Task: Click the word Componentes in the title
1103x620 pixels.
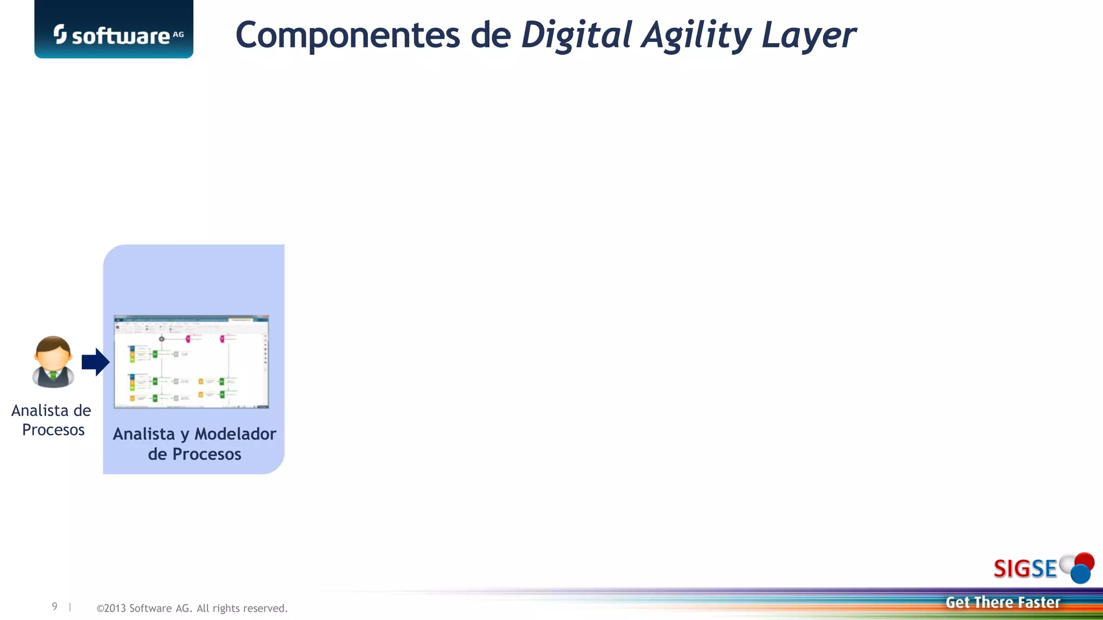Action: (347, 36)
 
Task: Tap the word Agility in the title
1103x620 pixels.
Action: (696, 36)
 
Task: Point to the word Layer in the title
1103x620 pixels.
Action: (808, 36)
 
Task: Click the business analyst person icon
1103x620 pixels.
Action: (53, 362)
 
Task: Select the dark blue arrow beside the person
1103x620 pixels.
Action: (96, 362)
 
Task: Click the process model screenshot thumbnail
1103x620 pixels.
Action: (191, 362)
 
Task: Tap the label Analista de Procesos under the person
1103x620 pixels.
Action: (52, 420)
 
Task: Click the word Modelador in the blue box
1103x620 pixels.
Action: (235, 434)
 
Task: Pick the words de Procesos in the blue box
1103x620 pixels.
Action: (194, 454)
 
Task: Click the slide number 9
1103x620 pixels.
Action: (54, 607)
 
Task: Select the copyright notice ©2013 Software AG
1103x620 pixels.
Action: (192, 608)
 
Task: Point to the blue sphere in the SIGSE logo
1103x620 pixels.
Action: (1080, 574)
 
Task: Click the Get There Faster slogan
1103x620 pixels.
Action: (1003, 602)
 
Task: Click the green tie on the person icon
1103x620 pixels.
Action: (53, 375)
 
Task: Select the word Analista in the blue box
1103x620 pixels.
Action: (144, 434)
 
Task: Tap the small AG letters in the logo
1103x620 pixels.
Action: (178, 34)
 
